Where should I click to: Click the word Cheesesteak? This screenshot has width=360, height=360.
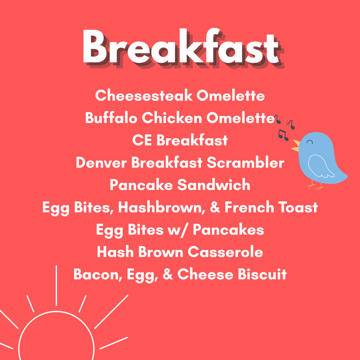tap(144, 96)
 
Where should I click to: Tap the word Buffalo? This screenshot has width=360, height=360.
tap(111, 118)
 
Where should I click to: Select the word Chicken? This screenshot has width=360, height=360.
tap(172, 118)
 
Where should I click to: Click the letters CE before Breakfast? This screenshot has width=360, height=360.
tap(142, 140)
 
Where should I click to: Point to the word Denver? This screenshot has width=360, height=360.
tap(101, 163)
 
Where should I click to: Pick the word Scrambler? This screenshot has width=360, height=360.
tap(246, 163)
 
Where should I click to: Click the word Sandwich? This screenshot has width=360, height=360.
tap(214, 185)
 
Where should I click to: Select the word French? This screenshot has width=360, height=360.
tap(249, 207)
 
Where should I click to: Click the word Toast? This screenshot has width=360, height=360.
tap(298, 207)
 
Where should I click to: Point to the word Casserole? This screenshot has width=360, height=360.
tap(225, 252)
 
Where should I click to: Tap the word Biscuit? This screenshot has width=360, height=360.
tap(262, 274)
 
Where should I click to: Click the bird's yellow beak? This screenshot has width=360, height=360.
tap(296, 146)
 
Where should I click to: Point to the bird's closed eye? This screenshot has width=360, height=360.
tap(309, 142)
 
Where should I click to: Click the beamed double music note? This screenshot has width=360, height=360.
tap(283, 135)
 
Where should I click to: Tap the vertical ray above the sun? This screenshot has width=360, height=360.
tap(56, 286)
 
